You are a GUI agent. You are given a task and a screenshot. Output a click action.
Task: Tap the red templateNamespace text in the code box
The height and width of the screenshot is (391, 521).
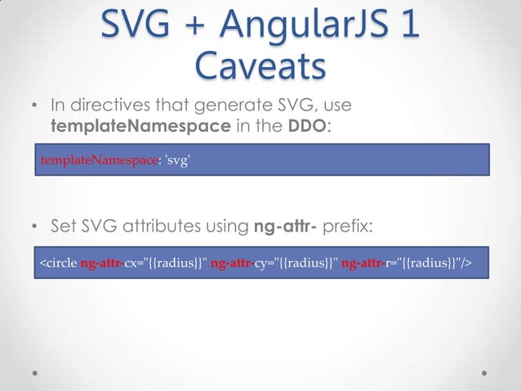98,161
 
